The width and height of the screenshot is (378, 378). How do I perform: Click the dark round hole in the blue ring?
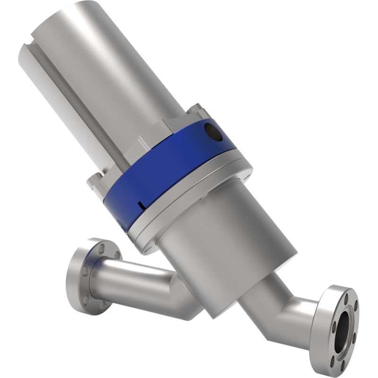pyautogui.click(x=212, y=132)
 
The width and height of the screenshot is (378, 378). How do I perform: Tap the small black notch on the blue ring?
pyautogui.click(x=141, y=204)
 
